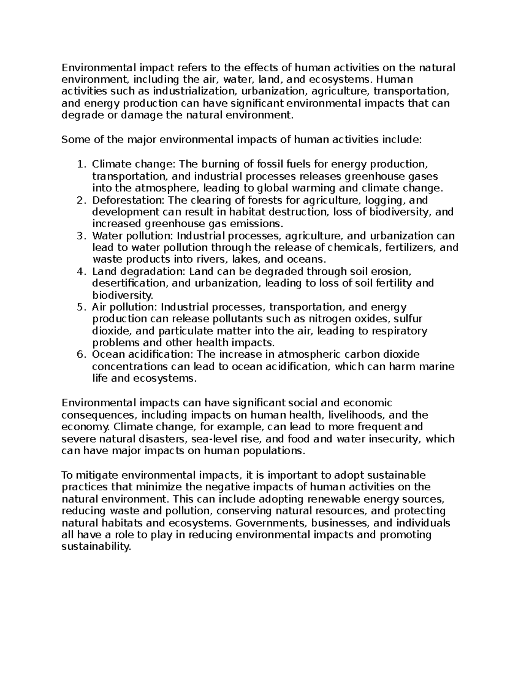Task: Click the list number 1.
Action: pos(79,164)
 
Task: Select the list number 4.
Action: pos(79,272)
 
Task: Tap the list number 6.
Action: pos(79,355)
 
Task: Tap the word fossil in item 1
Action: pos(270,164)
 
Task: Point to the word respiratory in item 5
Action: pos(400,331)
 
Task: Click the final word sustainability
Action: pos(96,547)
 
